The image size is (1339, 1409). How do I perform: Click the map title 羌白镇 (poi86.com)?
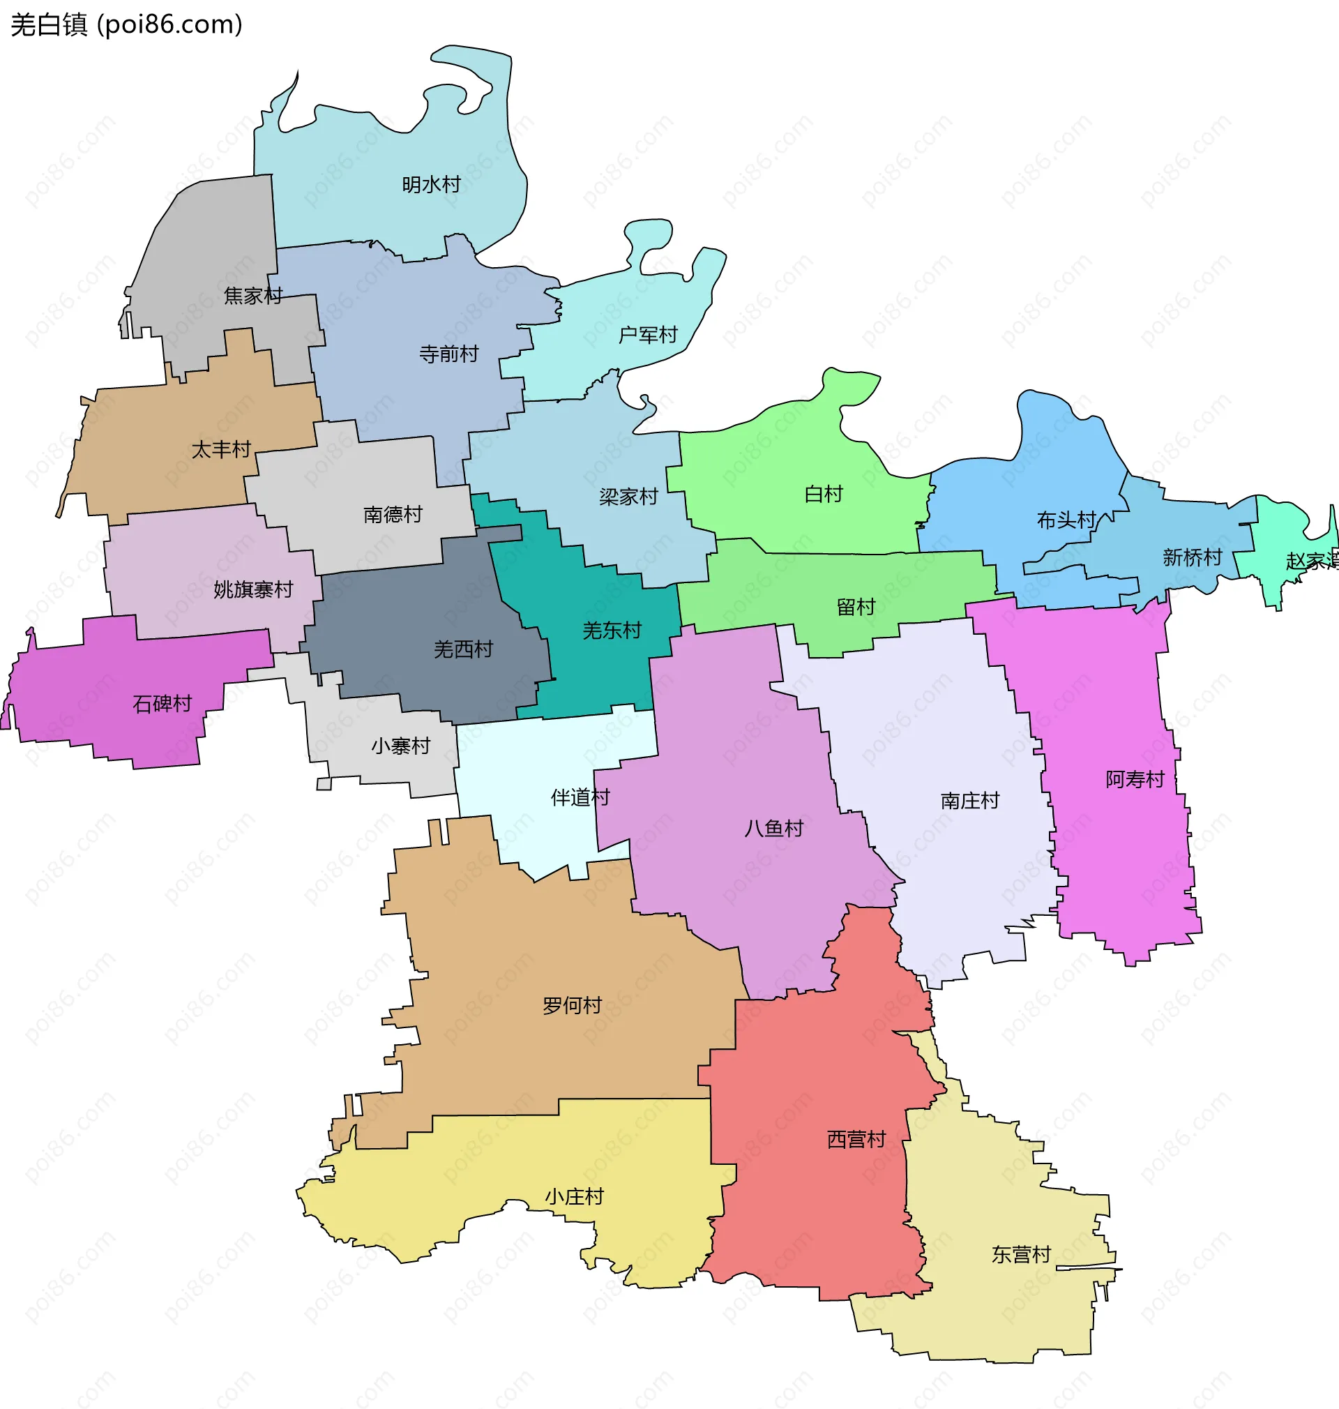pos(126,25)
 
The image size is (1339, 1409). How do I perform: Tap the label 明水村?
pos(431,185)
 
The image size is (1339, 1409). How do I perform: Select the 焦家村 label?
pos(252,296)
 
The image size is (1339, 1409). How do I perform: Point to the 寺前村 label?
pos(448,354)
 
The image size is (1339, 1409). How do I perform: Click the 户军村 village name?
pos(647,335)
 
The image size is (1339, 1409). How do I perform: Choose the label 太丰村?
pos(221,450)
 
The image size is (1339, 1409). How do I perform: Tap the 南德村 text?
pos(393,515)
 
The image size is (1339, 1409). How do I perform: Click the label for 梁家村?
pos(628,497)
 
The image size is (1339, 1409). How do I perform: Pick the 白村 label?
pos(824,494)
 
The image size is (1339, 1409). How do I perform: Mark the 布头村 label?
pos(1066,520)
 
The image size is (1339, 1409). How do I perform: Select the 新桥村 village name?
pos(1192,557)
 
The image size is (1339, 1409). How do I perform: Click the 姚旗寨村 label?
pos(253,589)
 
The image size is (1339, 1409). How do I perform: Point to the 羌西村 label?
pos(463,649)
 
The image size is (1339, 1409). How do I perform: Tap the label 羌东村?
pos(612,631)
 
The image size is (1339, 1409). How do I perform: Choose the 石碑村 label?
pos(162,704)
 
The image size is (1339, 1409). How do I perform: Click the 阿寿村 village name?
pos(1135,779)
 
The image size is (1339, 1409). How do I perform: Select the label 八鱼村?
pos(773,829)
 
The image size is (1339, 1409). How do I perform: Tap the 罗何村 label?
pos(572,1006)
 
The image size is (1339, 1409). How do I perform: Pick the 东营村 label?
pos(1021,1255)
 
